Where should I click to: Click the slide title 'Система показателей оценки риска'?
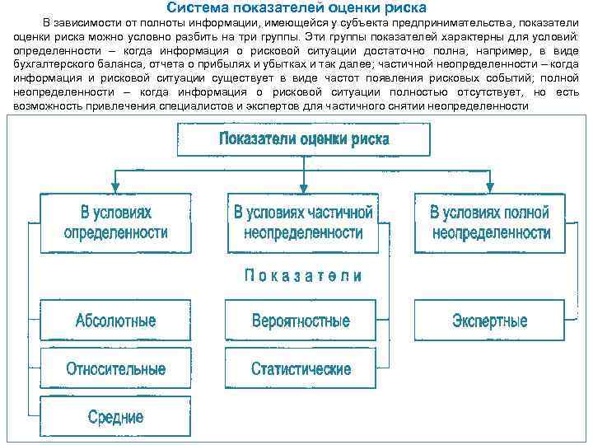click(296, 7)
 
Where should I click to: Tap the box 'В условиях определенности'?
click(115, 222)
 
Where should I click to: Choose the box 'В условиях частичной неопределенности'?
click(302, 222)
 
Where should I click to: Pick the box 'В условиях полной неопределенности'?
click(490, 222)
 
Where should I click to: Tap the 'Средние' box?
click(115, 416)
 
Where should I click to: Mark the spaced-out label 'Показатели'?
click(302, 275)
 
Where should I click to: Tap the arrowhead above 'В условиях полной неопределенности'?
click(491, 188)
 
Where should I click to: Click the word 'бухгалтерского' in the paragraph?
click(53, 63)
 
